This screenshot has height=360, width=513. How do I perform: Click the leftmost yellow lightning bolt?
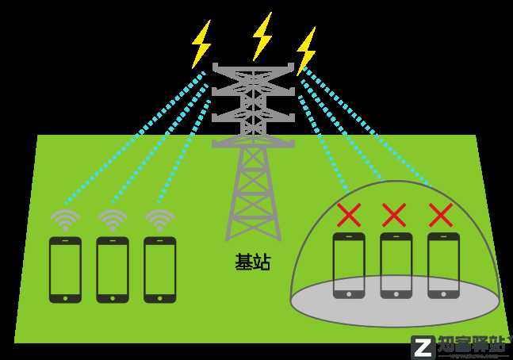click(x=201, y=44)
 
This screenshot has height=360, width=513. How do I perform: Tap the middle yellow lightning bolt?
click(x=262, y=36)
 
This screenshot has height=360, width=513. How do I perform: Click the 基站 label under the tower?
click(x=252, y=262)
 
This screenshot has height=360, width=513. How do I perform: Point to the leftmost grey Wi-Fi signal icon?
click(x=65, y=219)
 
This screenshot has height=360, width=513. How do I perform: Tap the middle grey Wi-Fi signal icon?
click(x=112, y=219)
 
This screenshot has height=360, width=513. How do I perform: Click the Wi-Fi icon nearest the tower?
click(x=159, y=219)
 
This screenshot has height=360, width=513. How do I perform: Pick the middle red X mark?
click(x=394, y=214)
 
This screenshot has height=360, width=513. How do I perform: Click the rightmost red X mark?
click(x=441, y=214)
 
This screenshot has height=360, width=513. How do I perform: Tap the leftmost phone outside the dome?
click(x=65, y=270)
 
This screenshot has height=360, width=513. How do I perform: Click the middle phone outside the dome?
click(x=112, y=270)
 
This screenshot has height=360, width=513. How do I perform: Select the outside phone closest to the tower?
click(x=159, y=270)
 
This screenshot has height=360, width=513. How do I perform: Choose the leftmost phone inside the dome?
click(x=348, y=265)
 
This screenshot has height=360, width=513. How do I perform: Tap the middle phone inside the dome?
click(x=396, y=265)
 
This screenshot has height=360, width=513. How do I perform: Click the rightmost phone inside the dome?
click(x=442, y=265)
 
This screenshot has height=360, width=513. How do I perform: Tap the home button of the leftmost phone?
click(x=65, y=297)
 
